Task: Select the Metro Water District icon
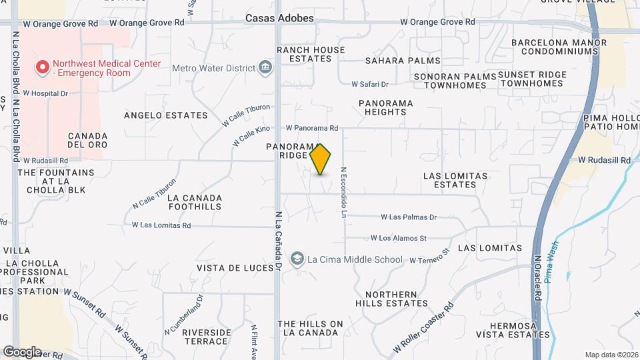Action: click(265, 67)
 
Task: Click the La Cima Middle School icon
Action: click(297, 259)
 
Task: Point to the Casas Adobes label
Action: click(279, 19)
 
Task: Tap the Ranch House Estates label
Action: click(311, 54)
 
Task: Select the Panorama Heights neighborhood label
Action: click(385, 107)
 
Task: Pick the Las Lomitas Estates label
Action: click(455, 180)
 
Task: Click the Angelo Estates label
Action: click(166, 115)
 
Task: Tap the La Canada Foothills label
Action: click(195, 202)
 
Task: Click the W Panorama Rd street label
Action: click(312, 128)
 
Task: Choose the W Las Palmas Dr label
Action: click(409, 217)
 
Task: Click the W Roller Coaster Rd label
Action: click(423, 327)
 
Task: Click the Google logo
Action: click(23, 352)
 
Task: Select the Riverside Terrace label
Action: click(206, 337)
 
